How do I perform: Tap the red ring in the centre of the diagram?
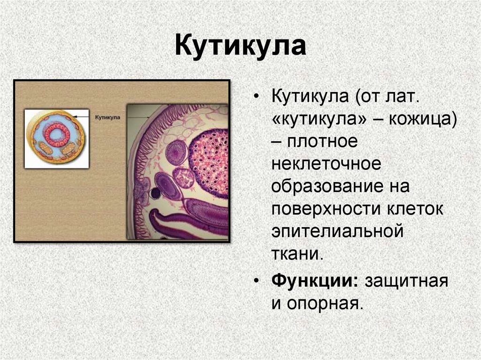pos(57,135)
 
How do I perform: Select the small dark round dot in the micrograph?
pos(155,193)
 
